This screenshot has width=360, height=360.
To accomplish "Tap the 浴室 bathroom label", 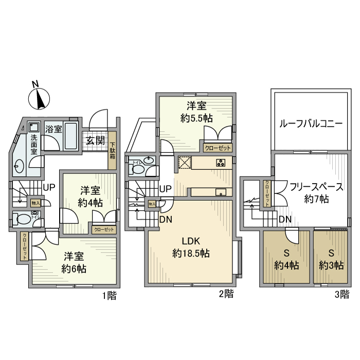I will pos(53,129).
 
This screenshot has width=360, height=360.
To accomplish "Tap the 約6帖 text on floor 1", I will pos(74,268).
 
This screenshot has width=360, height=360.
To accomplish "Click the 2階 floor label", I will pos(226,295).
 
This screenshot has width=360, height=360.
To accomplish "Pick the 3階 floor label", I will pos(341,295).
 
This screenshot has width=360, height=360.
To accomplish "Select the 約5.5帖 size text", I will pos(196,118).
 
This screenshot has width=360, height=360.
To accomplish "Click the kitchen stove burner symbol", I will pos(221,164).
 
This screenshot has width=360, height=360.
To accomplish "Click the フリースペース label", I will pos(316,186).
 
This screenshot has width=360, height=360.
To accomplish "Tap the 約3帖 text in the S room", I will pos(331,265).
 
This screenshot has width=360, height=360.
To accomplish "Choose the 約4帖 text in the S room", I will pos(287,265).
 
